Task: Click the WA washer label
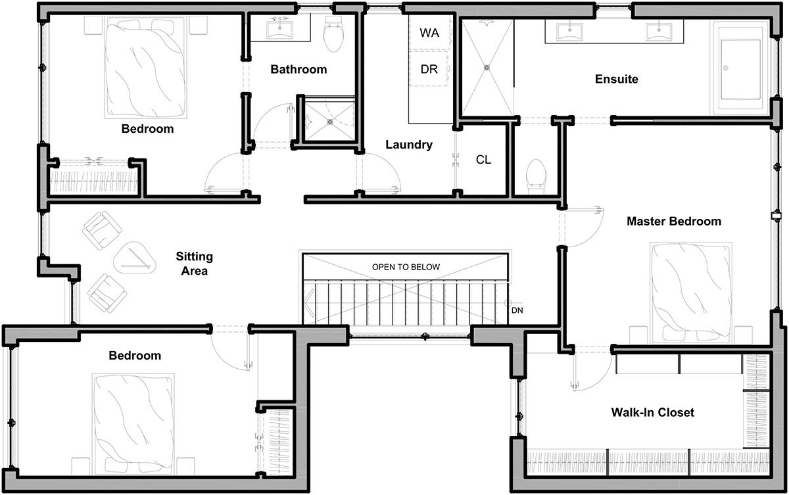click(x=429, y=33)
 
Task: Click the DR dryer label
click(x=429, y=68)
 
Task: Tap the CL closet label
click(x=483, y=160)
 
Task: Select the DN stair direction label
click(x=518, y=310)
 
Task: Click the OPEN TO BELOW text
click(x=406, y=267)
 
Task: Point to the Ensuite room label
click(x=616, y=80)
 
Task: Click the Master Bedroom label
click(x=673, y=222)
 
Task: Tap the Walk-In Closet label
click(x=652, y=413)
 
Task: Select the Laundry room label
click(x=408, y=145)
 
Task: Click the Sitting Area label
click(x=195, y=263)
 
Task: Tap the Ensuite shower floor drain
click(x=487, y=67)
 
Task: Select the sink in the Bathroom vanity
click(x=280, y=30)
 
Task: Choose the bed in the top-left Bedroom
click(x=142, y=66)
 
